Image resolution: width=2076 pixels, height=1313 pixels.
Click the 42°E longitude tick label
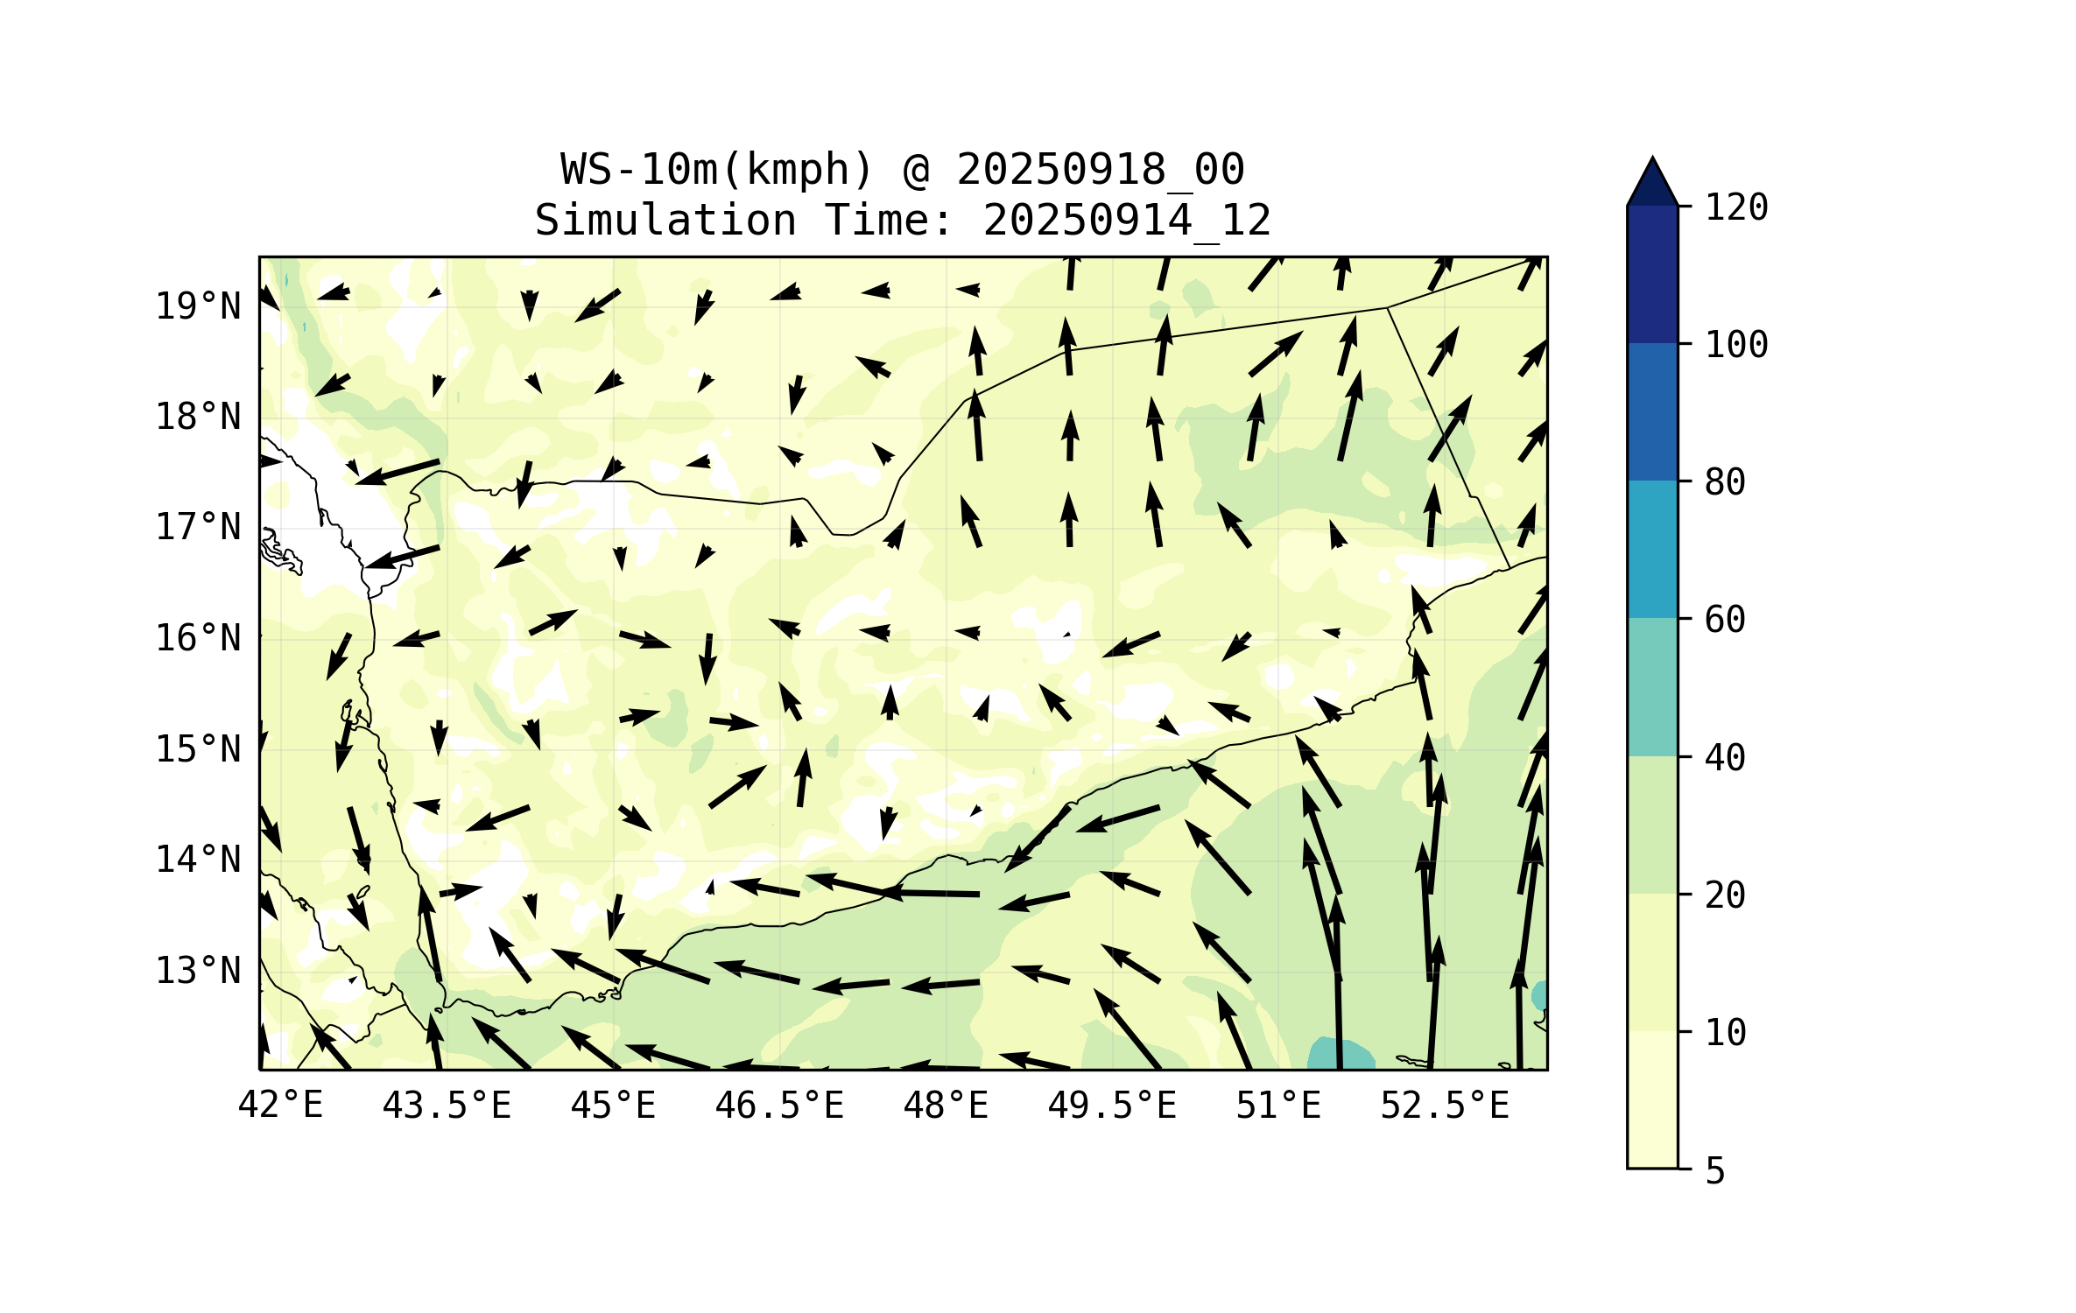coord(280,1106)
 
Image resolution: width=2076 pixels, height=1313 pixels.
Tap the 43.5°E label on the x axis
coord(447,1106)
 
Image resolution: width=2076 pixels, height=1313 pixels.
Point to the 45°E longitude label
coord(613,1106)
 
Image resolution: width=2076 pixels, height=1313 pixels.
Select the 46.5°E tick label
coord(779,1106)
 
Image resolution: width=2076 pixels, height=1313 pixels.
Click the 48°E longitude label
coord(946,1106)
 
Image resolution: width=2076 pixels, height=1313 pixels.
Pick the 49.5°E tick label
coord(1112,1106)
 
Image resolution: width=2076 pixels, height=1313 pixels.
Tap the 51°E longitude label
coord(1278,1106)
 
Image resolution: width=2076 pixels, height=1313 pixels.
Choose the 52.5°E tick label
coord(1445,1106)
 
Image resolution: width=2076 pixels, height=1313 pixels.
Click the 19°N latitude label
coord(198,306)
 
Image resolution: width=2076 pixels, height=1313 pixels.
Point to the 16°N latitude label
coord(198,639)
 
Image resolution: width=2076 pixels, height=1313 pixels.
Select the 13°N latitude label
coord(198,971)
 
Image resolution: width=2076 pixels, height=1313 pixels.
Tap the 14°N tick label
coord(198,860)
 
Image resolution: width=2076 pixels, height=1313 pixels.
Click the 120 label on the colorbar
coord(1736,207)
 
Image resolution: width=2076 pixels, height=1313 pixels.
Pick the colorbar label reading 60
coord(1725,620)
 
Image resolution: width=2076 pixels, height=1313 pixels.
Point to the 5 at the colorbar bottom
coord(1715,1171)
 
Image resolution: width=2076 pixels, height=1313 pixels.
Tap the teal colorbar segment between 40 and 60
coord(1652,687)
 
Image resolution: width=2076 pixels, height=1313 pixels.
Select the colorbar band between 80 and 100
coord(1652,411)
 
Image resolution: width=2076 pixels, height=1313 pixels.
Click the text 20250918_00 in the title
coord(1100,170)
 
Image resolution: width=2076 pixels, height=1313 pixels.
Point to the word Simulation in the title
coord(665,221)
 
